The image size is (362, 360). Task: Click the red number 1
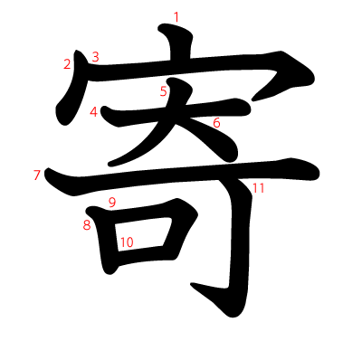coord(176,16)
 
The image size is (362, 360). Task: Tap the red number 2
coord(67,63)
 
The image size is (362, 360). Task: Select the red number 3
coord(95,57)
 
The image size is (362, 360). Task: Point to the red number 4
coord(94,111)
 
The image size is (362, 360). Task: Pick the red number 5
coord(163,90)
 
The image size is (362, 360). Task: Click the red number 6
coord(216,122)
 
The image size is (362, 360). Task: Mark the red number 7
coord(37,175)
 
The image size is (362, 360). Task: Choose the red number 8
coord(87,224)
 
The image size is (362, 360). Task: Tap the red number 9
coord(111,202)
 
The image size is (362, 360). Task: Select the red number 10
coord(126,242)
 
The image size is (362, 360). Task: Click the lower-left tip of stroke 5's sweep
coord(113,163)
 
